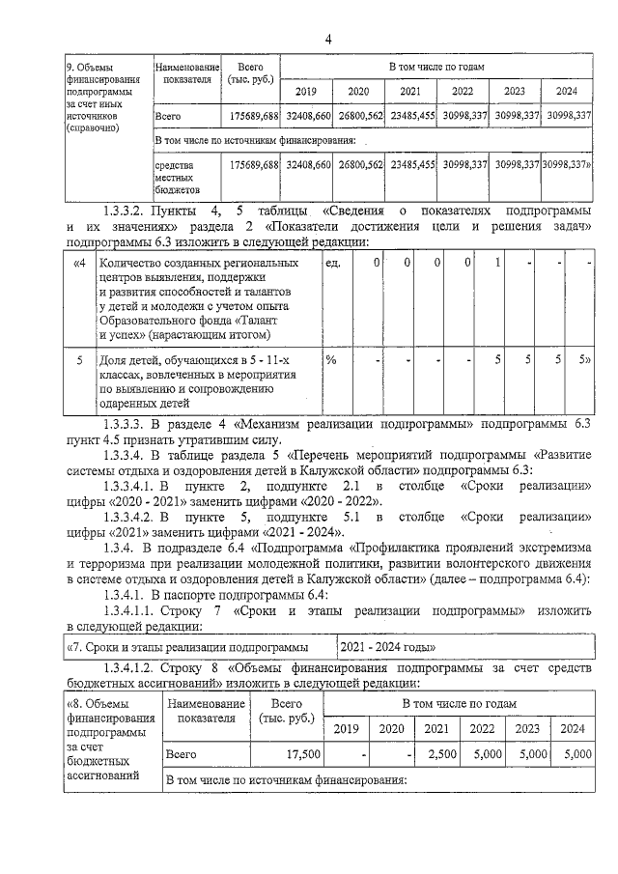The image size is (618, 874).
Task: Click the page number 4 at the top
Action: (x=328, y=39)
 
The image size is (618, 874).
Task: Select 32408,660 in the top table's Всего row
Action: (x=308, y=115)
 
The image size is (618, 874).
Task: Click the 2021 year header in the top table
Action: (x=410, y=91)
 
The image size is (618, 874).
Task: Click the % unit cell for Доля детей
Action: (x=330, y=360)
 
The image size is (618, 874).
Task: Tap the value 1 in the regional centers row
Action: (x=496, y=264)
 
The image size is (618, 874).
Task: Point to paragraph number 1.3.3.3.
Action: (x=129, y=424)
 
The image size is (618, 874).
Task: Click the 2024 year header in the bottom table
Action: (x=572, y=729)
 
